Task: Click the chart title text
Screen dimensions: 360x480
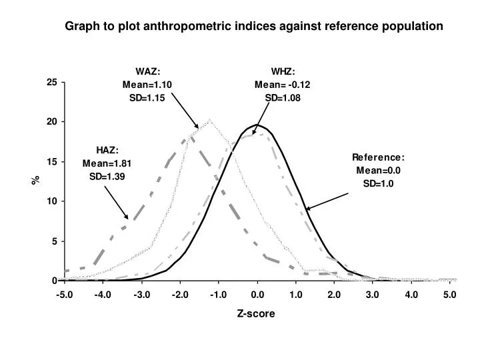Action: point(253,26)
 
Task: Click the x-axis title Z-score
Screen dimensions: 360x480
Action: point(256,313)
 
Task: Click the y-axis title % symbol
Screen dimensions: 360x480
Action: point(38,180)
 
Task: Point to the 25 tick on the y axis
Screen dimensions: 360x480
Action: point(51,83)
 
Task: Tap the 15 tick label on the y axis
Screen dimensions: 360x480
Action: point(51,162)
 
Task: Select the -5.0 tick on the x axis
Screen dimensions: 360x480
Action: point(65,293)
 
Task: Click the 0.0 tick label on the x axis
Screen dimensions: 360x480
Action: point(257,293)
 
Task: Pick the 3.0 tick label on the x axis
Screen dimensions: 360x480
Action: point(372,293)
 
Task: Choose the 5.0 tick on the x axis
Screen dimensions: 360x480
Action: point(449,293)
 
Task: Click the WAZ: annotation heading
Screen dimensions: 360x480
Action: point(147,72)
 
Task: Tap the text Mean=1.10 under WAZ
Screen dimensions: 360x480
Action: point(147,85)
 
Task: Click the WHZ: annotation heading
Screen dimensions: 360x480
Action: point(283,72)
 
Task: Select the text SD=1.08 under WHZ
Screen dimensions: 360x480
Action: point(283,97)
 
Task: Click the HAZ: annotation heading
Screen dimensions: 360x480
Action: point(107,151)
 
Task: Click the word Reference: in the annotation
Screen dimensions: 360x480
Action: point(378,157)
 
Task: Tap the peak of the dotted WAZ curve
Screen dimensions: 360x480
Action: point(209,121)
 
